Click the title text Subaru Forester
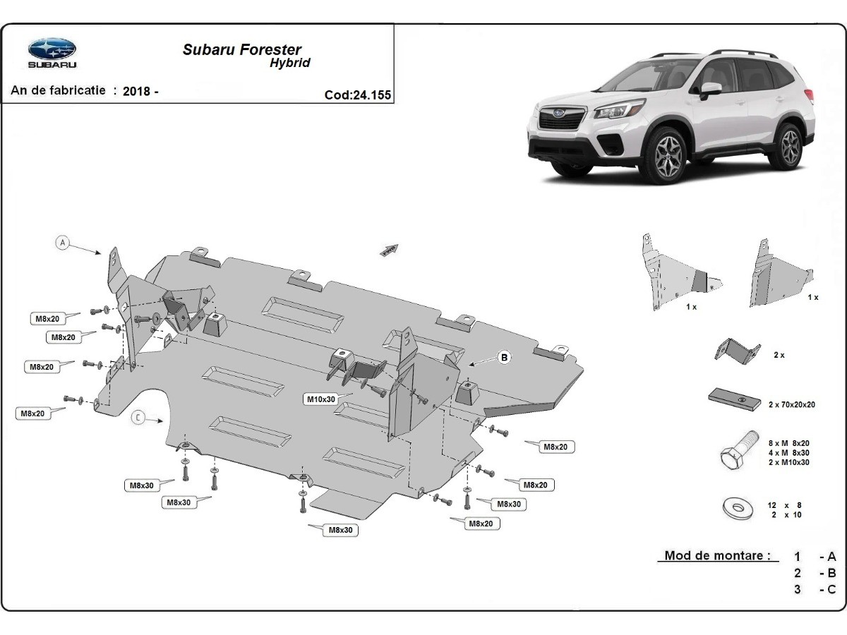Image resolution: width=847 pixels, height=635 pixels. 241,49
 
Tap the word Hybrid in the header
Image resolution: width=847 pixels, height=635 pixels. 289,63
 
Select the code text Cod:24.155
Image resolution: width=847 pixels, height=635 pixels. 357,95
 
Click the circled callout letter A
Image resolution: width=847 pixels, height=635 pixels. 62,243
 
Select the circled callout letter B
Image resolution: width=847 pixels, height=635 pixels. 504,358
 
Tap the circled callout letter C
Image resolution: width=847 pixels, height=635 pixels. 138,418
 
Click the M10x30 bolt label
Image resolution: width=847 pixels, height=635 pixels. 320,399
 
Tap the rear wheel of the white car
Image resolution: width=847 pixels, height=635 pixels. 790,145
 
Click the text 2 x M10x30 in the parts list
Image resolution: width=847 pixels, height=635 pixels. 788,462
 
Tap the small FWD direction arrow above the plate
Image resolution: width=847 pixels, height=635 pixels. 389,250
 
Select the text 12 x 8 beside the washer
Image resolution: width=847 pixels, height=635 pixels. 785,505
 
